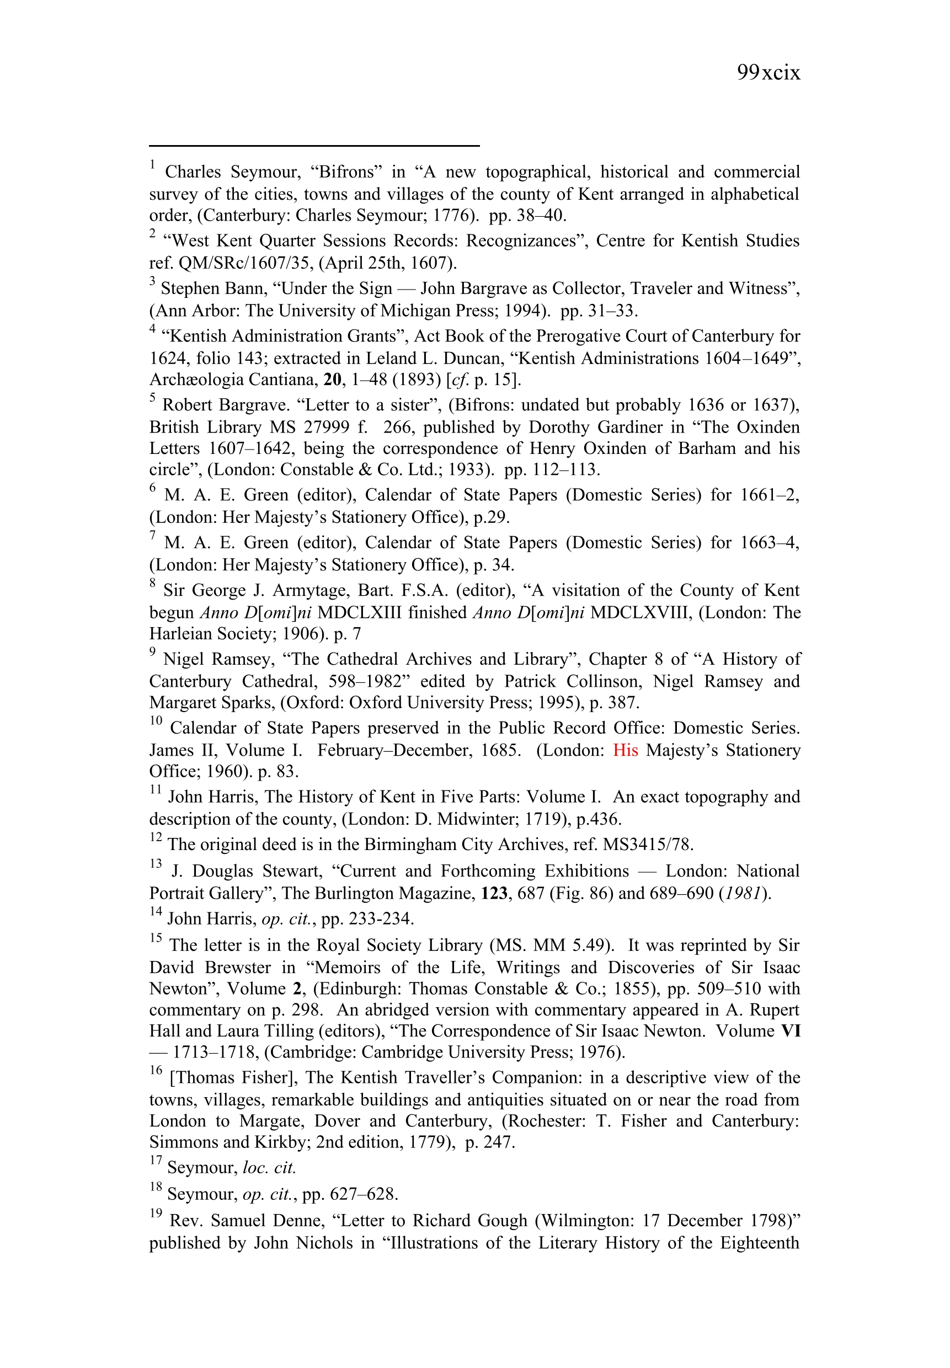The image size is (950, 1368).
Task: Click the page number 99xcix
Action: click(x=768, y=73)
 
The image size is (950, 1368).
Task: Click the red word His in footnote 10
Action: click(x=625, y=750)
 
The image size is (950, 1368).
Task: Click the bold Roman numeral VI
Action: click(x=791, y=1030)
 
